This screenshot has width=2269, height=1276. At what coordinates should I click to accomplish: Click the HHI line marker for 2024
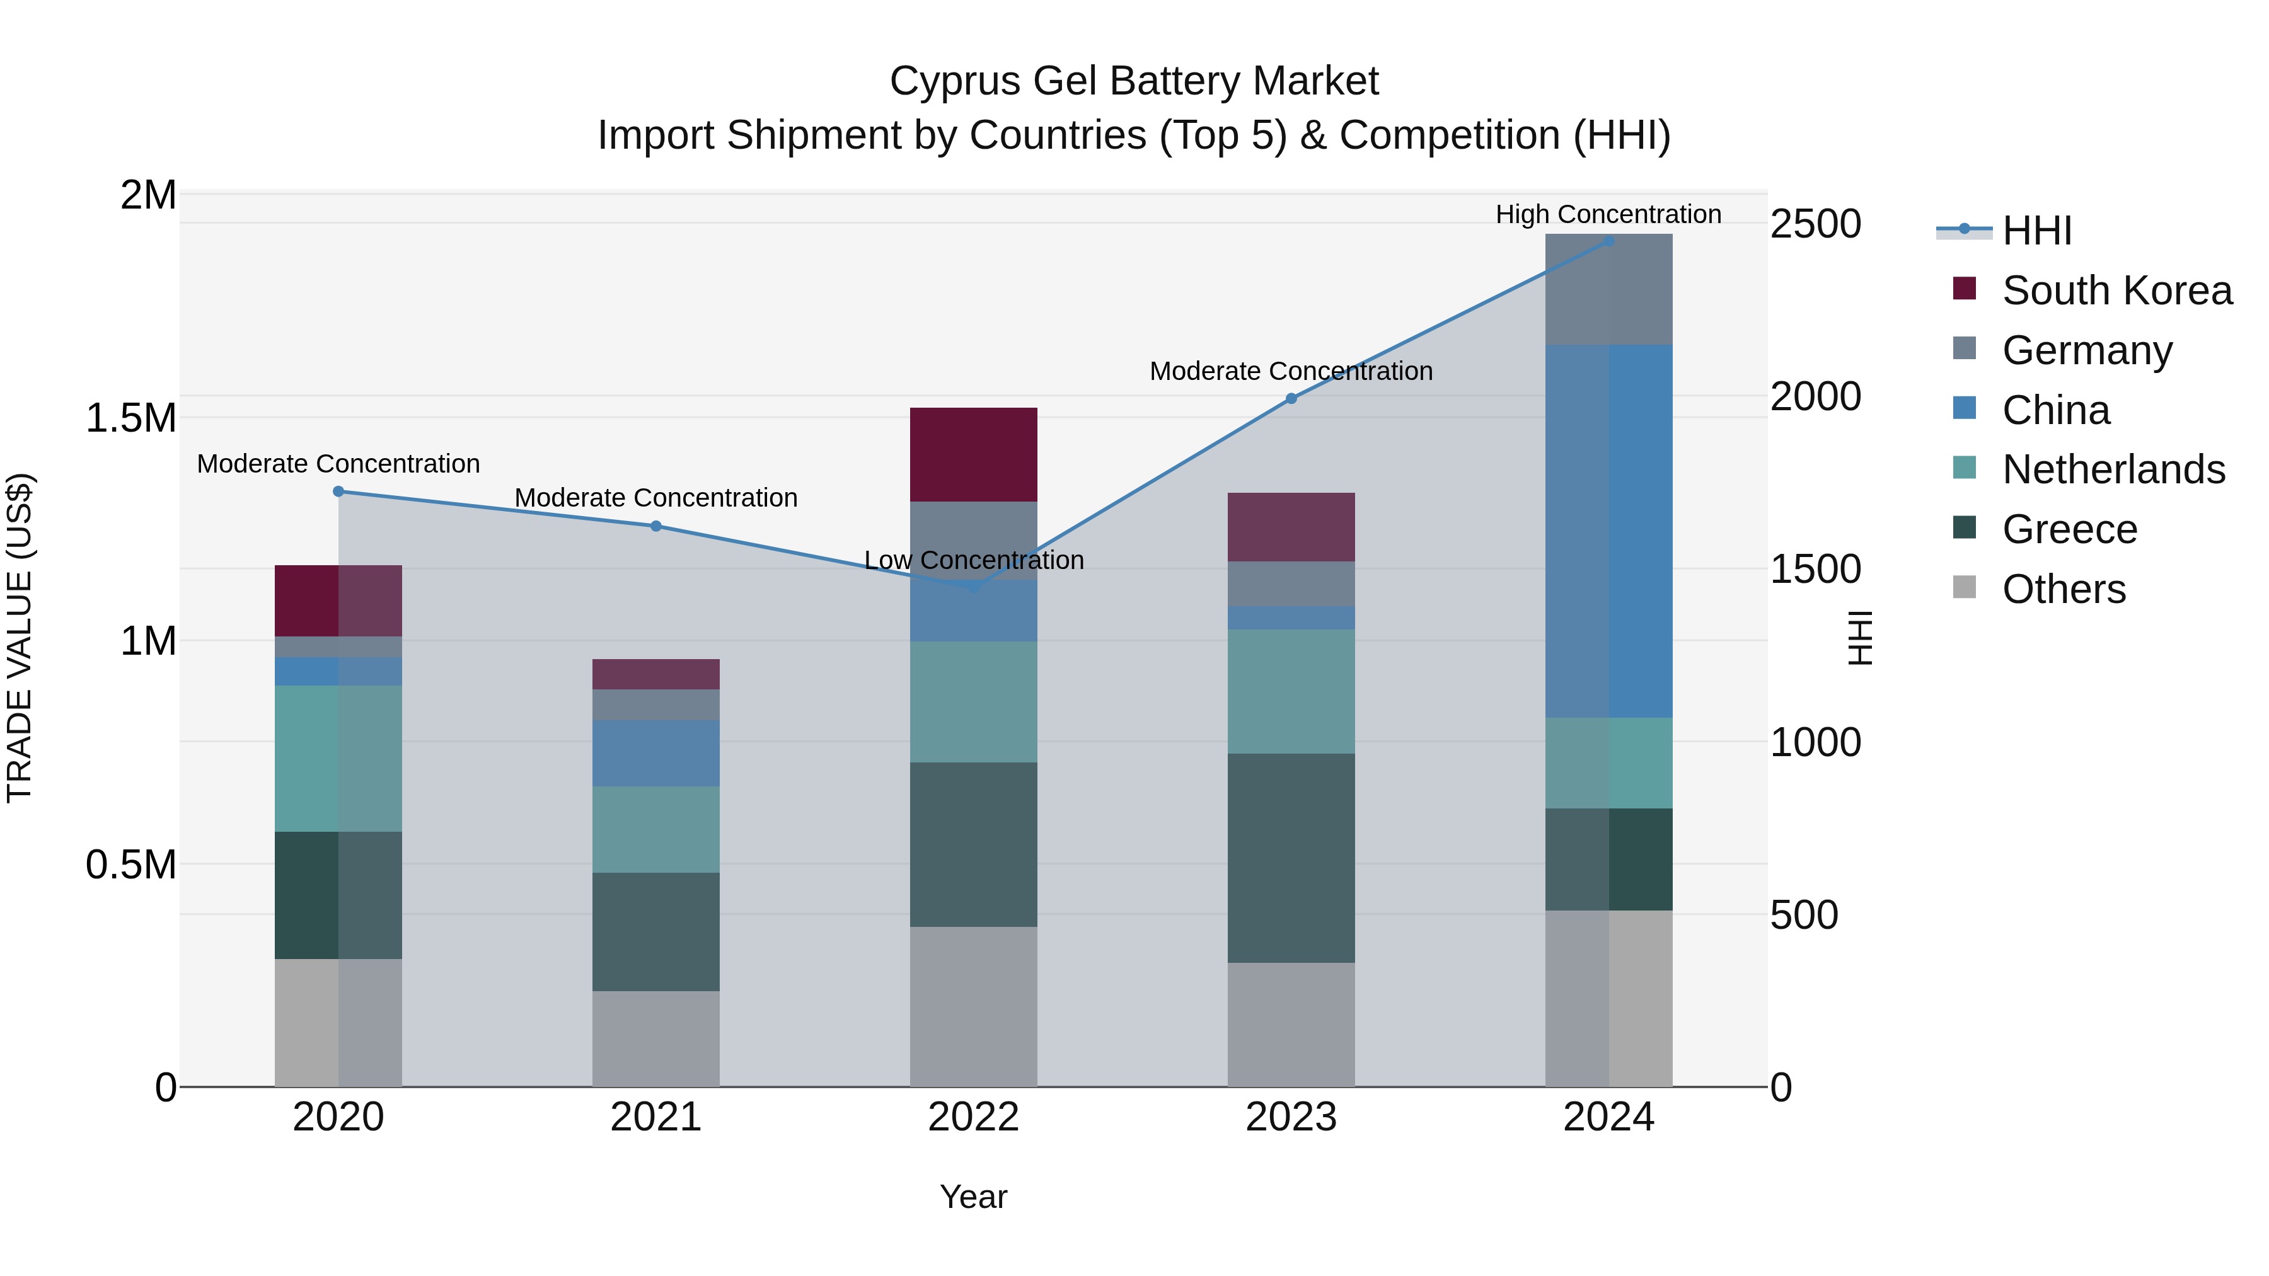tap(1608, 241)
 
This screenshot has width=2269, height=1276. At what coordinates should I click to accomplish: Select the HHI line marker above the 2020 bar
tap(338, 491)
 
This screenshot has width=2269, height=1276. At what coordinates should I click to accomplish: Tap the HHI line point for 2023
tap(1291, 398)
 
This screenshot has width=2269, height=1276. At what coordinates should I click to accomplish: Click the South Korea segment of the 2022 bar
tap(973, 454)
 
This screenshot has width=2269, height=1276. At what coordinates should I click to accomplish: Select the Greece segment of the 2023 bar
tap(1291, 858)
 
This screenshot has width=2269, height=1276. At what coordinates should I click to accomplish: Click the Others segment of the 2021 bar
tap(655, 1038)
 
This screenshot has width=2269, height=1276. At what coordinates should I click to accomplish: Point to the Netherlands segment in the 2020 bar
tap(338, 758)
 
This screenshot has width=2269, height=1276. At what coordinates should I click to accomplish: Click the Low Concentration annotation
tap(973, 560)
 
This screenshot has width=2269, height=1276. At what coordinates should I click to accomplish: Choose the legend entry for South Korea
tap(2116, 290)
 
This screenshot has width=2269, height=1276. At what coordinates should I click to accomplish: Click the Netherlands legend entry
tap(2113, 469)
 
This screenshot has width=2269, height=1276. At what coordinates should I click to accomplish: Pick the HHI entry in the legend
tap(2036, 231)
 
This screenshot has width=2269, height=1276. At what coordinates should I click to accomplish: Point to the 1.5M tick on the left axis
tap(131, 418)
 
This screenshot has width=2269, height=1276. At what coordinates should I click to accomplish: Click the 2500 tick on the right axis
tap(1815, 224)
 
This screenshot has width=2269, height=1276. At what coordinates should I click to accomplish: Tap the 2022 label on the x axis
tap(973, 1117)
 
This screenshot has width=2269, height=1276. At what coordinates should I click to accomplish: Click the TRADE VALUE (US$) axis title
tap(20, 638)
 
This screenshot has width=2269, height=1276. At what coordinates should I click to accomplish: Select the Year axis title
tap(973, 1197)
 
